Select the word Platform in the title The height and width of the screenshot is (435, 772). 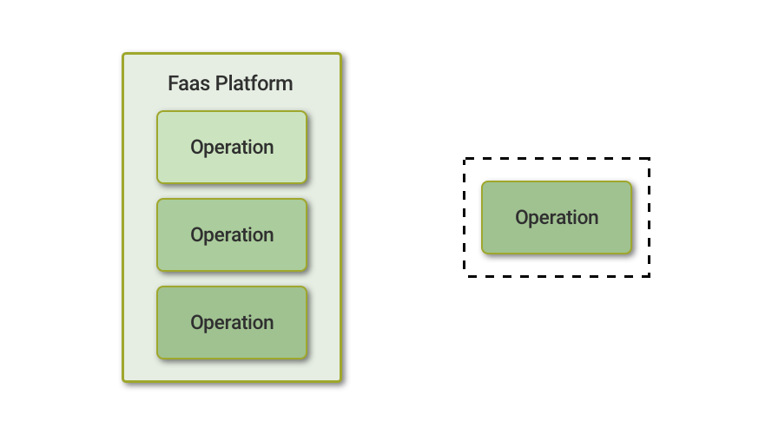[x=254, y=83]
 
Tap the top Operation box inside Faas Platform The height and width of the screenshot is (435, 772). [x=232, y=147]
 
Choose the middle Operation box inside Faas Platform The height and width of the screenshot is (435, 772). [x=232, y=234]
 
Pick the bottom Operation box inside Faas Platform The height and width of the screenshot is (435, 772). [x=232, y=322]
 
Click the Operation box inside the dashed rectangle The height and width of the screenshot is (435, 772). [x=557, y=217]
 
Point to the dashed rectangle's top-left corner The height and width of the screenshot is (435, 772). [x=465, y=159]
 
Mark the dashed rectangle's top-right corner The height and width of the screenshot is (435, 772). [x=650, y=159]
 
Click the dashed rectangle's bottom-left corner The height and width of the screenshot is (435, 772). [x=465, y=277]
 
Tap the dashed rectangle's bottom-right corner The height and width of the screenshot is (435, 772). [x=650, y=277]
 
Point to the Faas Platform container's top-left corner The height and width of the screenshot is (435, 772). [x=123, y=54]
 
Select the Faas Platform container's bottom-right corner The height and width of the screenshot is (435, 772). [x=340, y=381]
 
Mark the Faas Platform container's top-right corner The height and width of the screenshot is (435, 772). [x=340, y=54]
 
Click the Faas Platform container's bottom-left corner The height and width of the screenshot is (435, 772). [x=123, y=381]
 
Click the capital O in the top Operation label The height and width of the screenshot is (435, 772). [x=197, y=147]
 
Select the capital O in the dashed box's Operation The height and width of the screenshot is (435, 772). [x=522, y=217]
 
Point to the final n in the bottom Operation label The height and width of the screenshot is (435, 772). [x=269, y=324]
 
